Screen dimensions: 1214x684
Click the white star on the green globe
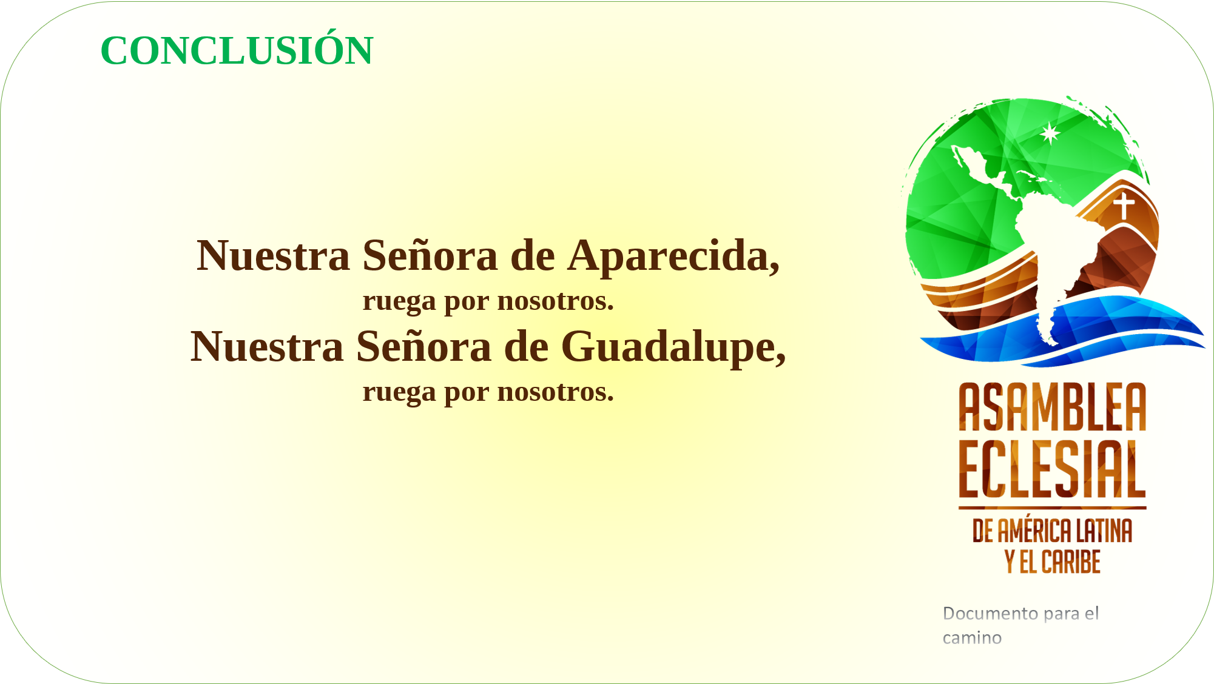1050,133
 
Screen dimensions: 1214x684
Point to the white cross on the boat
1124,205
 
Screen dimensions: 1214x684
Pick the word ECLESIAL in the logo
1053,469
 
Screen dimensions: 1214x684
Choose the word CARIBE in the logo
1071,562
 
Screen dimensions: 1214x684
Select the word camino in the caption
972,638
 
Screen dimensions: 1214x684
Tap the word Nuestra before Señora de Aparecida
274,256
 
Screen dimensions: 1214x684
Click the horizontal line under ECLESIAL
1053,508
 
